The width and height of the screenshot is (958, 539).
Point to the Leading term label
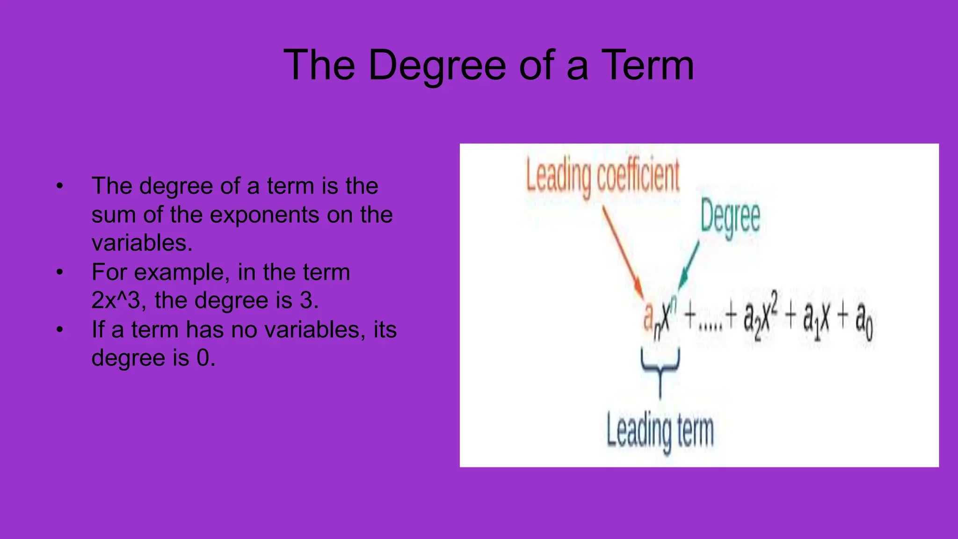660,430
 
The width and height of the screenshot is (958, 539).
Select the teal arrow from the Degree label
689,265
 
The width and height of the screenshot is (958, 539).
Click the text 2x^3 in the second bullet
116,300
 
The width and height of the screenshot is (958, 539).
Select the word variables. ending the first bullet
142,243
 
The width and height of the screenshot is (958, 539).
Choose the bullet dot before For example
59,272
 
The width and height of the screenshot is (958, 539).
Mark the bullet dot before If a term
59,330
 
